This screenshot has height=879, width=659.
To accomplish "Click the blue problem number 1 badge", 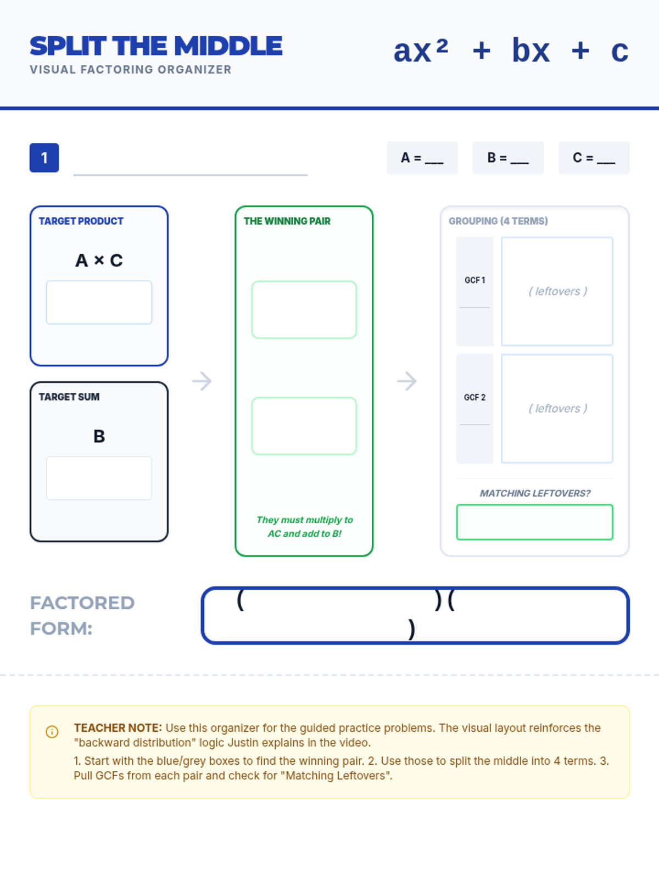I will [x=44, y=158].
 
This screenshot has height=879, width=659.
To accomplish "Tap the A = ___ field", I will [x=422, y=158].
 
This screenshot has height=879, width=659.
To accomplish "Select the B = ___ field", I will [x=508, y=158].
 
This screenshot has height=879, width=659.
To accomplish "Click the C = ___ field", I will [x=594, y=158].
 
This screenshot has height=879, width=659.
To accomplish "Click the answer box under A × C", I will [x=99, y=302].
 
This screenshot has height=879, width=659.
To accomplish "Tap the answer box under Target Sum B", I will [x=99, y=478].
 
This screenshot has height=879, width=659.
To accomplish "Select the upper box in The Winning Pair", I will [x=304, y=310].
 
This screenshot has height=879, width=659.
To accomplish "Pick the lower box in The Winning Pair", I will [x=304, y=426].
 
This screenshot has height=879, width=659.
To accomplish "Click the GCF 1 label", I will [x=474, y=280].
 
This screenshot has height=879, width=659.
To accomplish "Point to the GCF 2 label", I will [x=474, y=397].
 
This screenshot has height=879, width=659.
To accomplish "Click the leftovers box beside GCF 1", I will [x=557, y=291].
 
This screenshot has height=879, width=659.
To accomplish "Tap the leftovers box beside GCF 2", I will [x=557, y=408].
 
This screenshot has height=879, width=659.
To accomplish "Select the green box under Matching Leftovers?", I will [x=534, y=522].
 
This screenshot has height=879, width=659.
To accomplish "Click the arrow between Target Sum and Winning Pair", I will [x=202, y=381].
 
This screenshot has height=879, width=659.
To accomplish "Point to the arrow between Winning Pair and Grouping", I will [x=406, y=381].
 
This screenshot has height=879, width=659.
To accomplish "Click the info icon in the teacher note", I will [x=52, y=732].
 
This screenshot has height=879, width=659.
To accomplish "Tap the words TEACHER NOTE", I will [x=118, y=728].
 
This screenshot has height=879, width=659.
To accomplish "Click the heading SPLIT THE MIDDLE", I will [x=156, y=46].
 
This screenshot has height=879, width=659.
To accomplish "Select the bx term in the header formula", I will [x=530, y=51].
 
